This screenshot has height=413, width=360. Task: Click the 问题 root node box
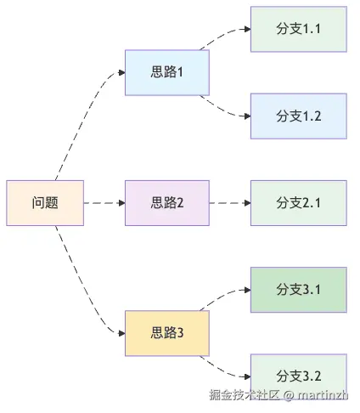click(x=45, y=203)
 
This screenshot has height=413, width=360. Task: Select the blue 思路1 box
click(x=167, y=72)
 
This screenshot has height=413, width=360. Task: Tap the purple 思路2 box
click(x=167, y=203)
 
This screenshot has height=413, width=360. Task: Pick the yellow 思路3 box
click(x=167, y=333)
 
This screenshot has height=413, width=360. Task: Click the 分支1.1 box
click(x=299, y=28)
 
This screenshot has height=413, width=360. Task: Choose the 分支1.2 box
click(x=299, y=116)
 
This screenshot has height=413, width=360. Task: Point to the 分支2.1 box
click(x=299, y=203)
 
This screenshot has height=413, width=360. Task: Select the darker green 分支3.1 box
click(x=299, y=290)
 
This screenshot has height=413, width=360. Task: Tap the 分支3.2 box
click(x=299, y=376)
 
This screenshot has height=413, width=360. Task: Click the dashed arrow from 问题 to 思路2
click(x=104, y=203)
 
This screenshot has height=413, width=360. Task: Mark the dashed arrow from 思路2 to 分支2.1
click(x=229, y=203)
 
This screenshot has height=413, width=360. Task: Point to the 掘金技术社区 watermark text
click(x=245, y=395)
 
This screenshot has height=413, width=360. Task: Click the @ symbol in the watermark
click(x=289, y=395)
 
